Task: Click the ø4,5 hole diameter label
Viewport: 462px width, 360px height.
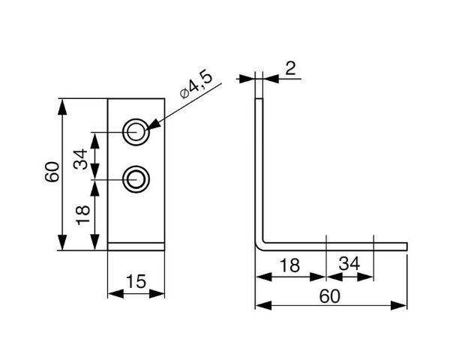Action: pyautogui.click(x=196, y=85)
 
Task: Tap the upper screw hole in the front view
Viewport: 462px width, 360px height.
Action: pyautogui.click(x=136, y=132)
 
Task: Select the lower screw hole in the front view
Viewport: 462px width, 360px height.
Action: pyautogui.click(x=136, y=179)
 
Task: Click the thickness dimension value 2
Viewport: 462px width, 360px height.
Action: pyautogui.click(x=290, y=68)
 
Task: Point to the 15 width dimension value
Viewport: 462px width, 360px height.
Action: pyautogui.click(x=136, y=281)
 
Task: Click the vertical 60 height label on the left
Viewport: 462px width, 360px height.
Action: pyautogui.click(x=52, y=172)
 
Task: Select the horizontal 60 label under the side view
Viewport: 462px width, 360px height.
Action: pyautogui.click(x=330, y=296)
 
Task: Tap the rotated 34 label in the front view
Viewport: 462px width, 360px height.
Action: pyautogui.click(x=81, y=159)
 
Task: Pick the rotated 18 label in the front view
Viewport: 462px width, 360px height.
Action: pyautogui.click(x=82, y=215)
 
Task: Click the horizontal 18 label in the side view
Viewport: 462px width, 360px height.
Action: pyautogui.click(x=289, y=265)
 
